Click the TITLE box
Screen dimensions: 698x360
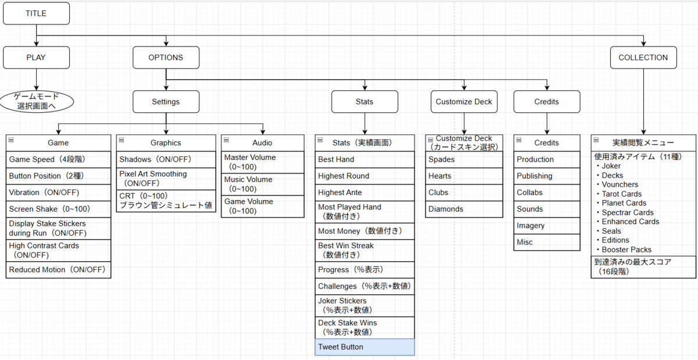pyautogui.click(x=37, y=13)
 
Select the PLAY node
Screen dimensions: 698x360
pyautogui.click(x=37, y=58)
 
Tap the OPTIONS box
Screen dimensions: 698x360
pyautogui.click(x=166, y=58)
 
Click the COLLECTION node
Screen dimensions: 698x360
pyautogui.click(x=643, y=58)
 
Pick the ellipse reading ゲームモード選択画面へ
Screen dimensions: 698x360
pyautogui.click(x=37, y=102)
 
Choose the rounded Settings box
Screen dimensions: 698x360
pyautogui.click(x=166, y=102)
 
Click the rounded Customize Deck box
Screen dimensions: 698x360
pyautogui.click(x=464, y=102)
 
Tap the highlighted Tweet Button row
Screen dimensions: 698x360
pyautogui.click(x=365, y=347)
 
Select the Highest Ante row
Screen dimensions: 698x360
pyautogui.click(x=365, y=193)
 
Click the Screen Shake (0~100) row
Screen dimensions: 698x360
pyautogui.click(x=58, y=209)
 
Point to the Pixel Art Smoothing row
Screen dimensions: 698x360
pyautogui.click(x=166, y=179)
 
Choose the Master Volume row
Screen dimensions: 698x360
pyautogui.click(x=263, y=162)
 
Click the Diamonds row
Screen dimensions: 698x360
pyautogui.click(x=464, y=209)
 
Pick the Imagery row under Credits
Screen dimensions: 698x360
pyautogui.click(x=547, y=226)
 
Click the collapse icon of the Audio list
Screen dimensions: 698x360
pyautogui.click(x=226, y=140)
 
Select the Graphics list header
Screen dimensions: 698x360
pyautogui.click(x=166, y=142)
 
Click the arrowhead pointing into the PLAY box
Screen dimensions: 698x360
pyautogui.click(x=37, y=44)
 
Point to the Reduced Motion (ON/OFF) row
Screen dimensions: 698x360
pyautogui.click(x=58, y=270)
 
